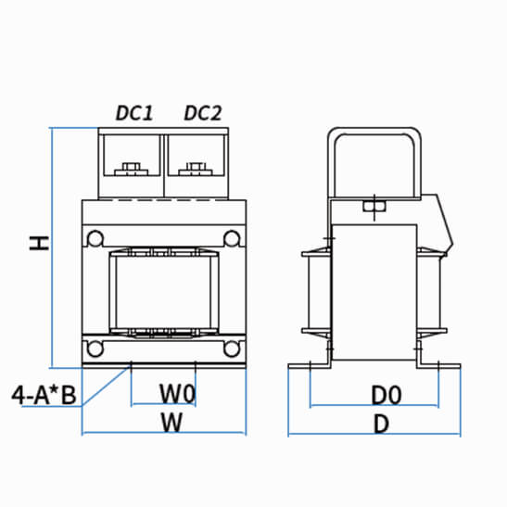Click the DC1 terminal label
pos(134,113)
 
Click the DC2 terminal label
pos(203,113)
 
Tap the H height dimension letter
pos(39,243)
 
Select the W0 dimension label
pos(178,394)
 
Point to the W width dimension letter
pos(171,423)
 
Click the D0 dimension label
pos(387,395)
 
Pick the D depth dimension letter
pos(381,424)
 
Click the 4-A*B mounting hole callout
pos(44,395)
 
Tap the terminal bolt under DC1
pos(132,170)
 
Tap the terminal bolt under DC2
pos(196,170)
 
